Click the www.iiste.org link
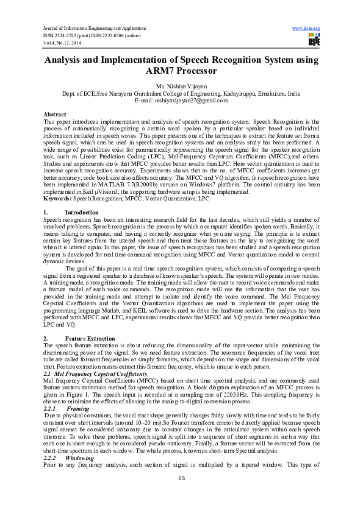(306, 28)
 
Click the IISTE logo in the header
(314, 40)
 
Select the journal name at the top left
(95, 28)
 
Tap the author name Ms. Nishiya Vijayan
(181, 87)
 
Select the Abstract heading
(55, 115)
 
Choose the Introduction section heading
(77, 195)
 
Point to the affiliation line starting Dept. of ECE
(181, 94)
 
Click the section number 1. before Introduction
(46, 195)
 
